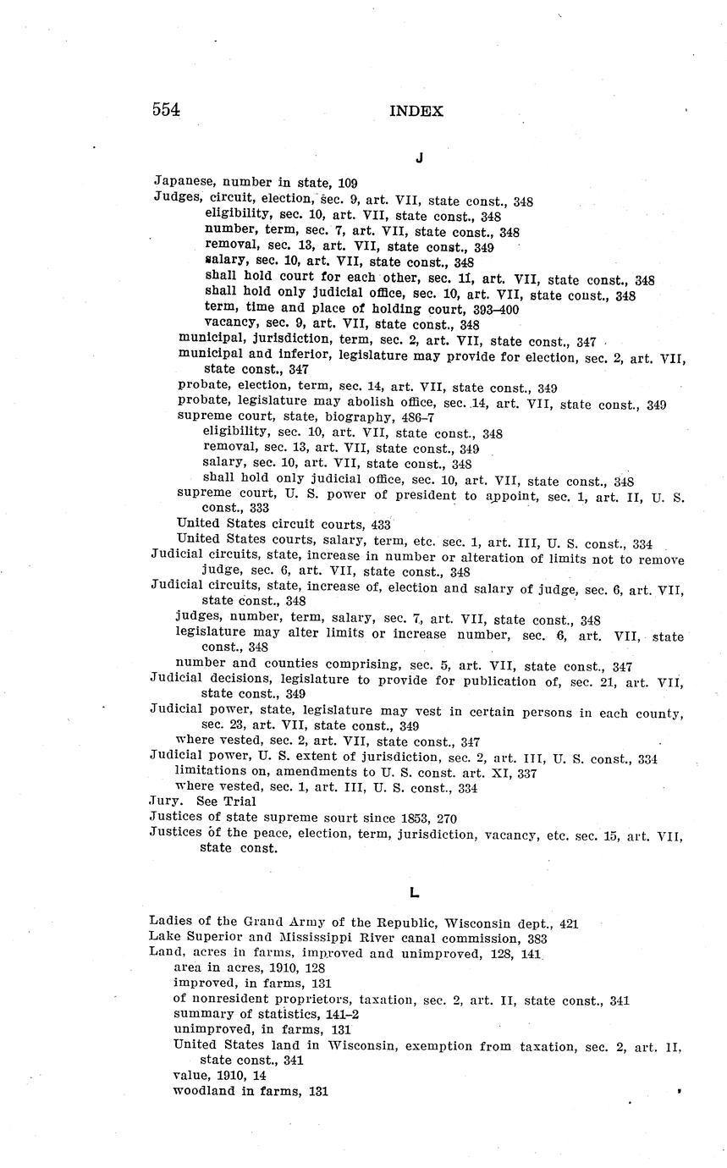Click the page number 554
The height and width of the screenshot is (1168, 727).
click(x=166, y=110)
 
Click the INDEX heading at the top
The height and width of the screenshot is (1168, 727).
click(x=416, y=111)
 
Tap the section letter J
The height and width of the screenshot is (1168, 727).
click(x=419, y=158)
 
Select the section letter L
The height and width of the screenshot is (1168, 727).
click(x=414, y=892)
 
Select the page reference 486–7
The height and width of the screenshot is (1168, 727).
click(x=418, y=417)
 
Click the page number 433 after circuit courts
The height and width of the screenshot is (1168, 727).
click(x=381, y=525)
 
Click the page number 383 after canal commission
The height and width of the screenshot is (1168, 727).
click(x=535, y=939)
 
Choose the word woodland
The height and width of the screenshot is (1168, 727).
click(x=203, y=1091)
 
